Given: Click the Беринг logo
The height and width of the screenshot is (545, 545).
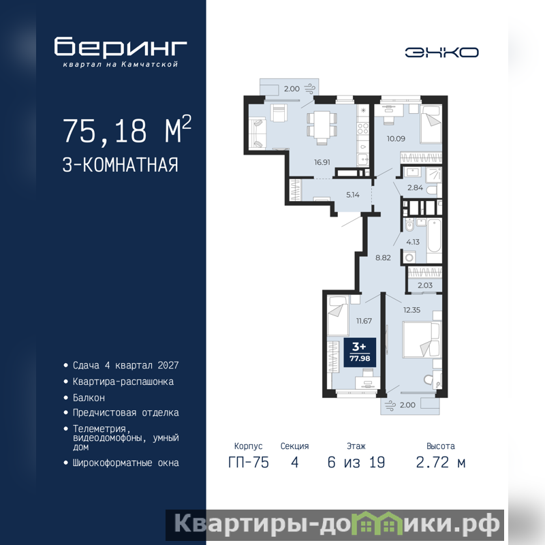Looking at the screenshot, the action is point(121,52).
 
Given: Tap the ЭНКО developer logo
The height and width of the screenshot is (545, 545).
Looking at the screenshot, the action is point(441,52).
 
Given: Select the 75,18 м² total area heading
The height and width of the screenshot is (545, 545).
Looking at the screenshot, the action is point(127,130).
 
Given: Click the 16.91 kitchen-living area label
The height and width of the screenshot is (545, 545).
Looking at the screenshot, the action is point(322,162).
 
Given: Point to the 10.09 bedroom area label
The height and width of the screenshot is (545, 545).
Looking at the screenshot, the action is point(396,139).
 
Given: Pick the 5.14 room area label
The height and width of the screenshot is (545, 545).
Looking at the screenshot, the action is point(352,195).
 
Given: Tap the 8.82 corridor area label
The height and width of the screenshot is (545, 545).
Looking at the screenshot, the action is point(383,258).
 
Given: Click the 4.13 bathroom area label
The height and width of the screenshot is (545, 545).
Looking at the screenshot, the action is point(413,242).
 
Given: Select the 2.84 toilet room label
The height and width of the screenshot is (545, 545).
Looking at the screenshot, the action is point(416,188).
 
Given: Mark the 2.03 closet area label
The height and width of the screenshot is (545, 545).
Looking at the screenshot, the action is point(424,285).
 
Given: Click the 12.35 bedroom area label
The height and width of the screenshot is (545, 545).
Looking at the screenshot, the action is point(412,310).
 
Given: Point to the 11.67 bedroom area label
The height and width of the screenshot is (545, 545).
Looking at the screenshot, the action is point(364,321).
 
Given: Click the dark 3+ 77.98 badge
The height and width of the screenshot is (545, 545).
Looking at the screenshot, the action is point(360,352).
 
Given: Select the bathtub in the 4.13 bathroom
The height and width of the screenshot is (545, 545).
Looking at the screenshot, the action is point(434,240).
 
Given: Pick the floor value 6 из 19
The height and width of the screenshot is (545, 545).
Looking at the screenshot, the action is point(356,463).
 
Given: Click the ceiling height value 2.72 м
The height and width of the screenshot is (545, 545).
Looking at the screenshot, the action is point(440,463).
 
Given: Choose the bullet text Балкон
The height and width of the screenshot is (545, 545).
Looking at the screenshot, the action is point(89,398).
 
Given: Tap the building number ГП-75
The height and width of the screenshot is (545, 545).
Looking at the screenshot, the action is point(249,463).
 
